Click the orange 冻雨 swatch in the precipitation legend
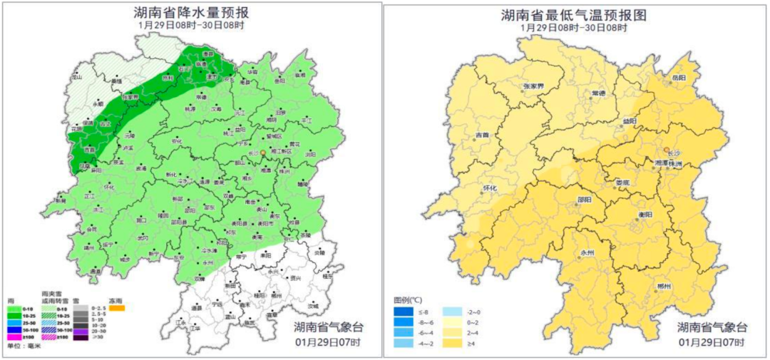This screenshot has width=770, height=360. [116, 308]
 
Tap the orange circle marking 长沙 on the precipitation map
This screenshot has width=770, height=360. [262, 153]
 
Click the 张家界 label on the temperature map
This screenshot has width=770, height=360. [533, 86]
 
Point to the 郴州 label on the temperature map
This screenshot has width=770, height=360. [664, 286]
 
